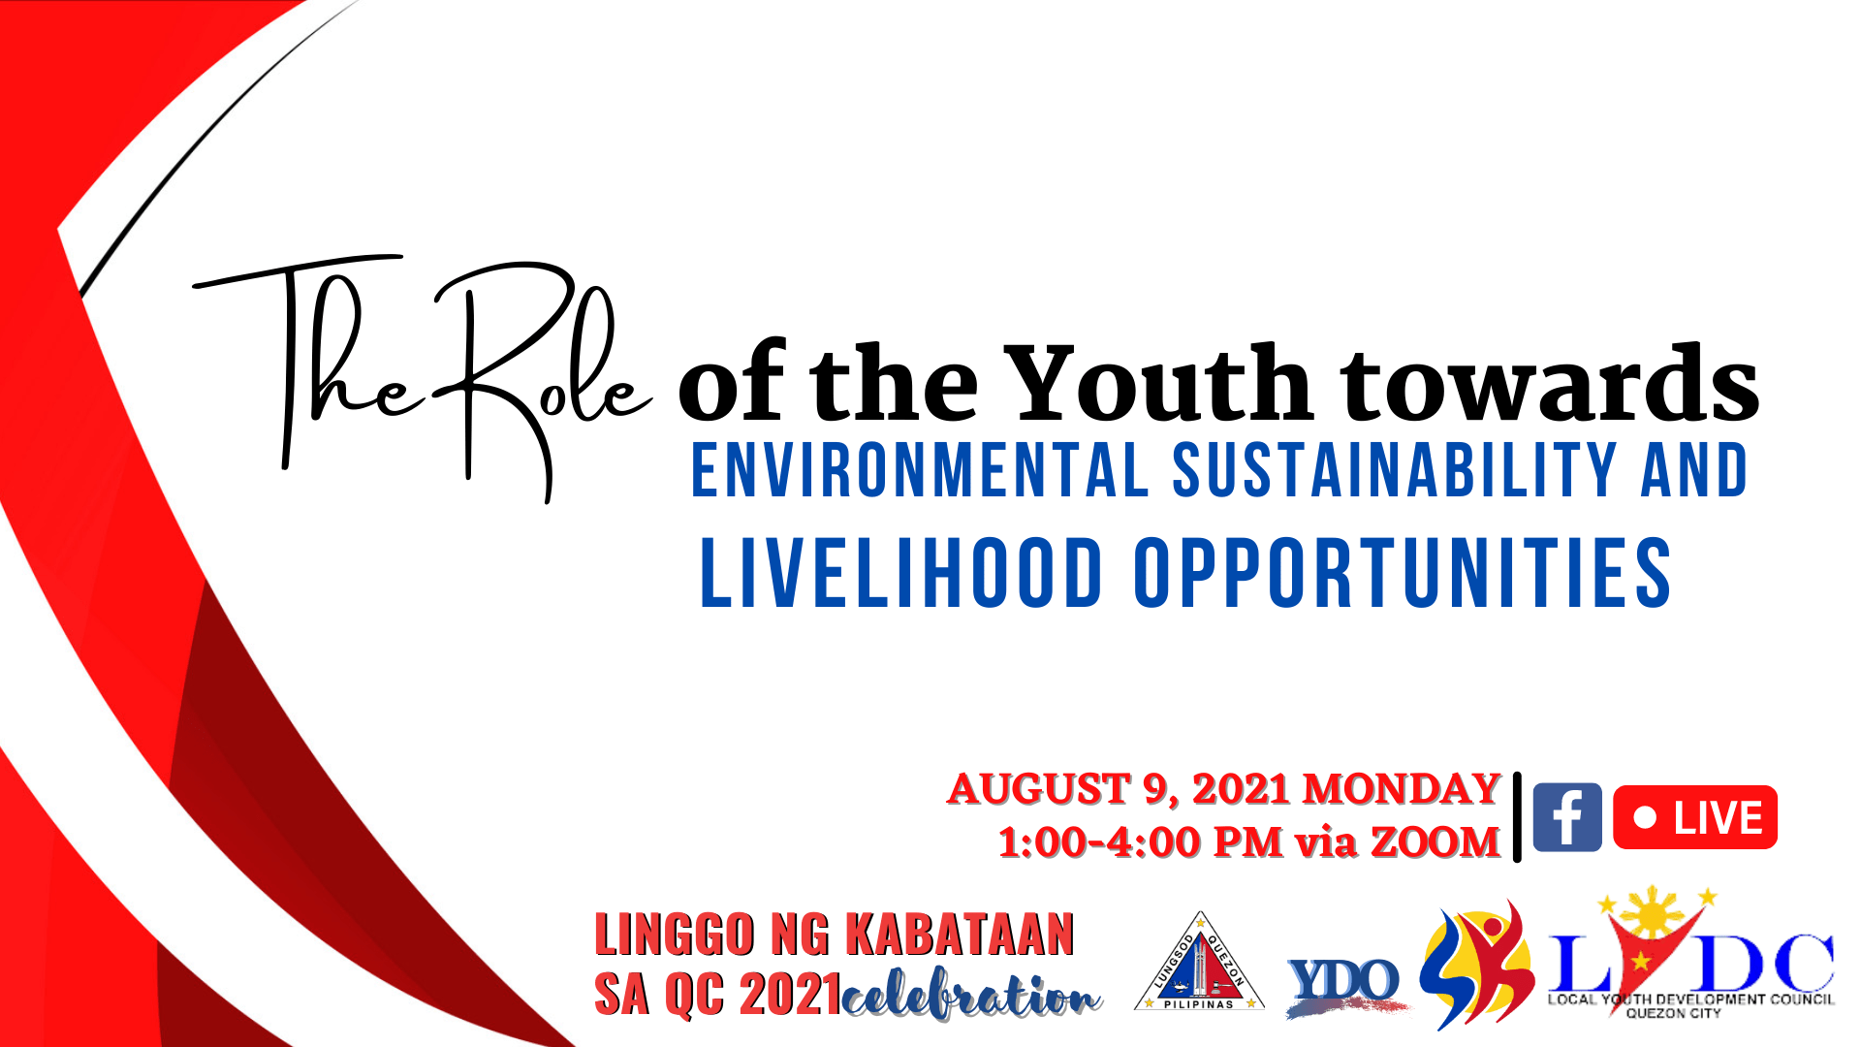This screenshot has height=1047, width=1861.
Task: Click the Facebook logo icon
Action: (x=1567, y=817)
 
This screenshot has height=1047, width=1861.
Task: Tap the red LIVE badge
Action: (x=1695, y=817)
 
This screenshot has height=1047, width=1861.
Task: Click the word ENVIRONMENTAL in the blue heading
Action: (x=920, y=470)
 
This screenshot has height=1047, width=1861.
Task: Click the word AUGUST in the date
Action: (x=1039, y=789)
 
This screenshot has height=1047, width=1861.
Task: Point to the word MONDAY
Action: (x=1402, y=789)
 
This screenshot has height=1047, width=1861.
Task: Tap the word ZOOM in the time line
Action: (x=1435, y=841)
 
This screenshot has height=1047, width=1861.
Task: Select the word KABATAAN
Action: (x=960, y=935)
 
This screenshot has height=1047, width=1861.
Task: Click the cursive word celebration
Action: (x=972, y=995)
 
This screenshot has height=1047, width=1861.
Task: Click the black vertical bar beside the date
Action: (x=1517, y=816)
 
